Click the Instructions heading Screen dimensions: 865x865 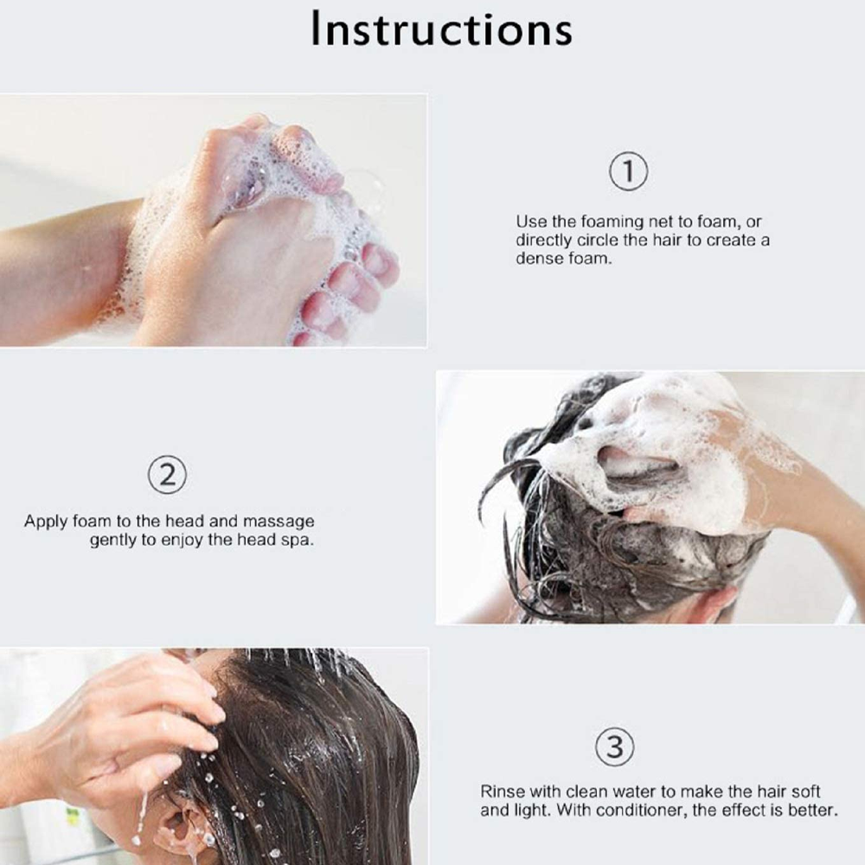[x=441, y=29]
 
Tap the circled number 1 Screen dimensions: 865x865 [x=629, y=171]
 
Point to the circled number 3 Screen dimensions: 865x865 [x=614, y=746]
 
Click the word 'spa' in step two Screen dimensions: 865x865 [x=299, y=541]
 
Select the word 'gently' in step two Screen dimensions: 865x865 [x=113, y=541]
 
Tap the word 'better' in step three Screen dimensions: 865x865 [x=810, y=811]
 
